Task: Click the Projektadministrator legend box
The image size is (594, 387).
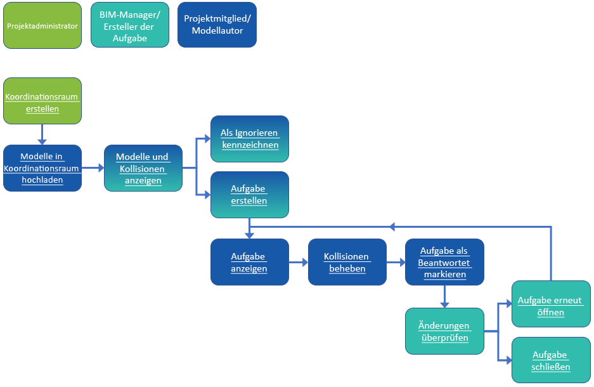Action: pos(42,25)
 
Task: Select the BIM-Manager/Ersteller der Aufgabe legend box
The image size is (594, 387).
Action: pos(130,25)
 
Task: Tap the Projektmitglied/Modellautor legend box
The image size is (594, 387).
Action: pos(217,25)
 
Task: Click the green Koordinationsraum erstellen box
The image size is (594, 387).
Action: pos(42,101)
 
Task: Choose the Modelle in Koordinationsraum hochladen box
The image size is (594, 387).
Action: pos(42,168)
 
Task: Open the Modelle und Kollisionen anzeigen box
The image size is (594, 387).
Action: pos(143,168)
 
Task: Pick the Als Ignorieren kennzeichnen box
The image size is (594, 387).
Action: pos(249,138)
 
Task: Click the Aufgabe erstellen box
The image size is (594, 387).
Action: pos(249,195)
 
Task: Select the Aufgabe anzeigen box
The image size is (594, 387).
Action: pos(249,262)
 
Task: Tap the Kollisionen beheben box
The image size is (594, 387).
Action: pos(347,262)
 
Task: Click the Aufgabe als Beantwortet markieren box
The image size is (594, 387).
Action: pos(444,262)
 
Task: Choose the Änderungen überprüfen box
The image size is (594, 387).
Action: pos(444,331)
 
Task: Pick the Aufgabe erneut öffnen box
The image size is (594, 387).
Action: pos(550,304)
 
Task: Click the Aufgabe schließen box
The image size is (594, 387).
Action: pos(550,360)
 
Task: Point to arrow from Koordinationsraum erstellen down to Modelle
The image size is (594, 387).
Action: pos(42,134)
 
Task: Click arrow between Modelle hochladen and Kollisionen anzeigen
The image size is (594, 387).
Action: pos(93,168)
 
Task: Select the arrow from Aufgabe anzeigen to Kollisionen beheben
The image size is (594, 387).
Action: pos(298,262)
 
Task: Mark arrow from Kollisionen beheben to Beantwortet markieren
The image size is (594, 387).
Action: pos(396,262)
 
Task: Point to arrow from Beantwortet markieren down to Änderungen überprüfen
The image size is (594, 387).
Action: pos(444,296)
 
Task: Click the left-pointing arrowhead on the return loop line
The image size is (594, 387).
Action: pos(393,226)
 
